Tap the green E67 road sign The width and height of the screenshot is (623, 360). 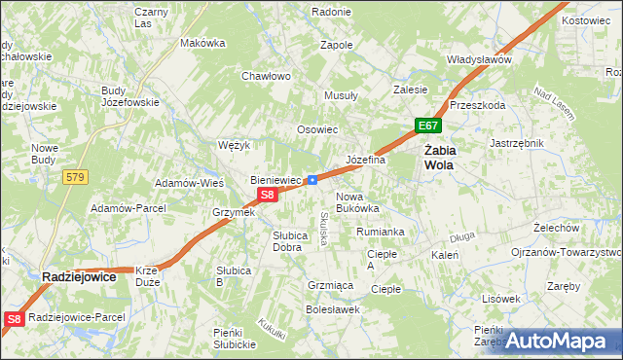(x=428, y=126)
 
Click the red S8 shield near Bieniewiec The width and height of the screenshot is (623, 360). (x=270, y=195)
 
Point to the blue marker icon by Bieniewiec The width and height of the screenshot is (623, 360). (x=311, y=179)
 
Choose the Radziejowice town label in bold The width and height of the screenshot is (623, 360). (x=80, y=277)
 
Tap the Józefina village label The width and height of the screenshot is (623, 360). (x=366, y=160)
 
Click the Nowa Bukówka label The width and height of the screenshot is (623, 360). (x=357, y=201)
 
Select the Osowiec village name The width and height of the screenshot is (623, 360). (x=317, y=129)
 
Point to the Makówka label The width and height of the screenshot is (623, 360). (x=203, y=43)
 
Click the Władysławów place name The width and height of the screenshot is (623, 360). (x=479, y=59)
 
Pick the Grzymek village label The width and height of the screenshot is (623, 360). (x=234, y=212)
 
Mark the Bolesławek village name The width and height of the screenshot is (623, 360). (x=333, y=309)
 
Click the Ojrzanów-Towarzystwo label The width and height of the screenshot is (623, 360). (x=566, y=251)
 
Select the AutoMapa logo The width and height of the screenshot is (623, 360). (x=563, y=342)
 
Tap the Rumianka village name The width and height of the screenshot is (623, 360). (x=380, y=232)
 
